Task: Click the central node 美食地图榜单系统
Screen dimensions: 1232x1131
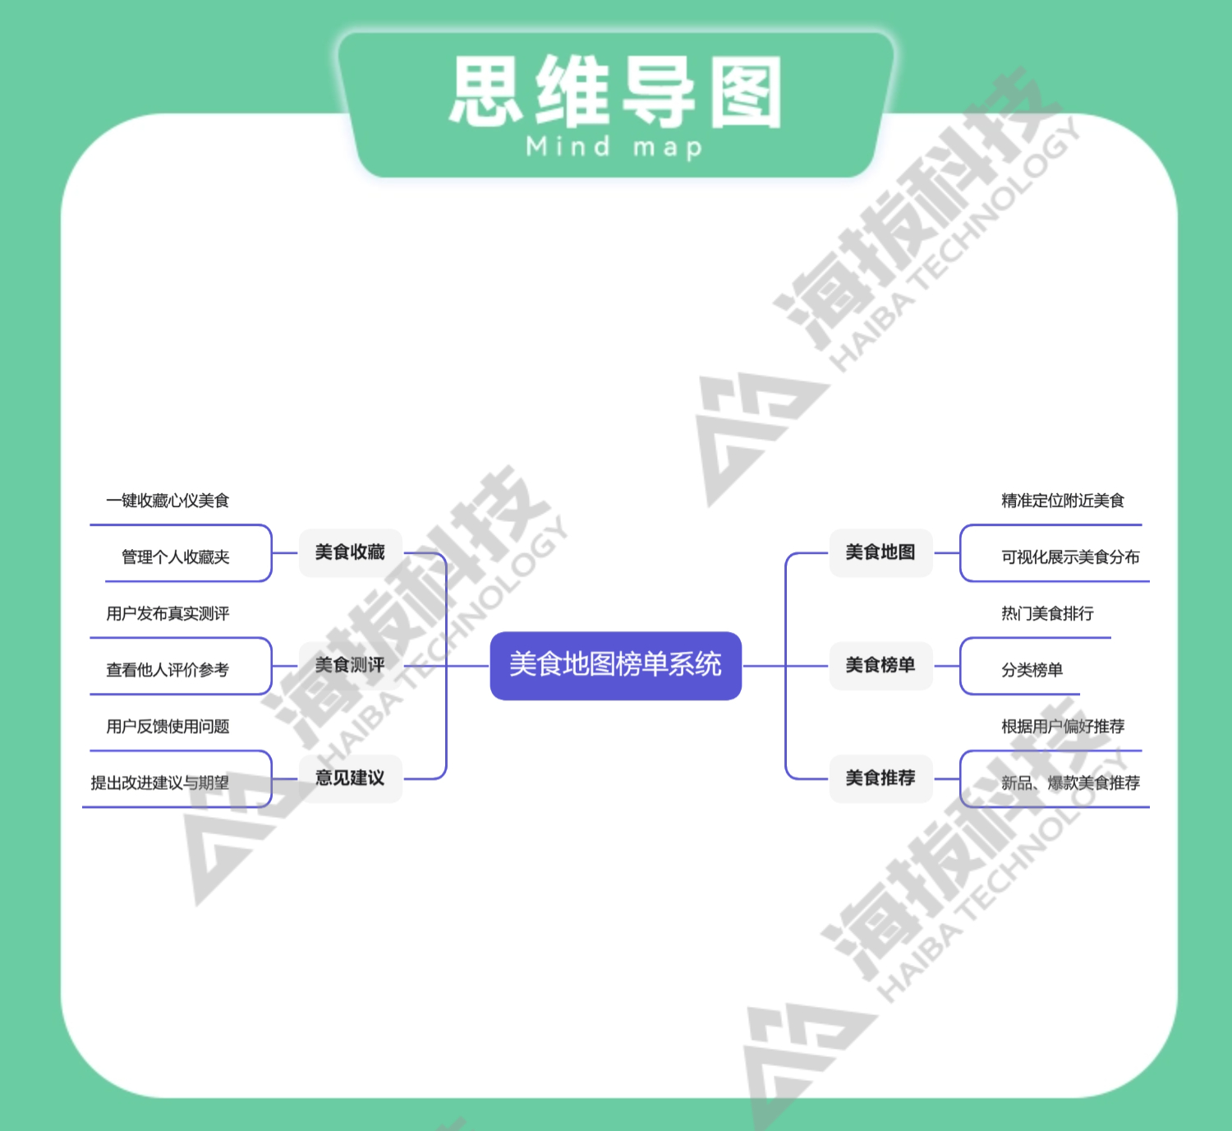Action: coord(615,665)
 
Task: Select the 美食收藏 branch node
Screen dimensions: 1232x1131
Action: coord(350,552)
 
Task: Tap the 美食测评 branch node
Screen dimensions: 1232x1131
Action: coord(350,665)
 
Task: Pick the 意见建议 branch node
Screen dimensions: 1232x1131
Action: coord(350,778)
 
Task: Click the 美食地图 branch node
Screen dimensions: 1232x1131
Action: coord(880,552)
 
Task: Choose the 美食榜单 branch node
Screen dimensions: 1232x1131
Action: coord(880,665)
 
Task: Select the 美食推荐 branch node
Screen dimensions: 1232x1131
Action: coord(880,778)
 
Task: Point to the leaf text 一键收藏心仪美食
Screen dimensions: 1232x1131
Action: coord(168,501)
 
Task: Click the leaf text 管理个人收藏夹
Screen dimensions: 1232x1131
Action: coord(175,557)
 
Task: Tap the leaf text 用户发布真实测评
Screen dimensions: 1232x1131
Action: coord(168,614)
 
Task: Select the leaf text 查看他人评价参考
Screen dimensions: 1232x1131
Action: coord(168,670)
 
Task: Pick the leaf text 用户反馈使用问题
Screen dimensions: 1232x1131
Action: coord(168,727)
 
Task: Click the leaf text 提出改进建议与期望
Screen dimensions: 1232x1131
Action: coord(159,783)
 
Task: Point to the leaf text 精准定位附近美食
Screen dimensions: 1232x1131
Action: coord(1063,501)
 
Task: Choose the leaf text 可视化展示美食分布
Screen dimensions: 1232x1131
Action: coord(1070,557)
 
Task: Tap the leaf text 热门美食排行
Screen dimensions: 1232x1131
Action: coord(1047,614)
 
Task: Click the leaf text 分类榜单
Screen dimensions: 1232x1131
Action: coord(1032,670)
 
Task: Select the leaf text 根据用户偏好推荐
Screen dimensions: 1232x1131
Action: coord(1063,727)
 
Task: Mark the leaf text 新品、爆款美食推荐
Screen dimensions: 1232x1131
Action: coord(1070,783)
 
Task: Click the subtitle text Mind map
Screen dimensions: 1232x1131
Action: coord(614,147)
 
